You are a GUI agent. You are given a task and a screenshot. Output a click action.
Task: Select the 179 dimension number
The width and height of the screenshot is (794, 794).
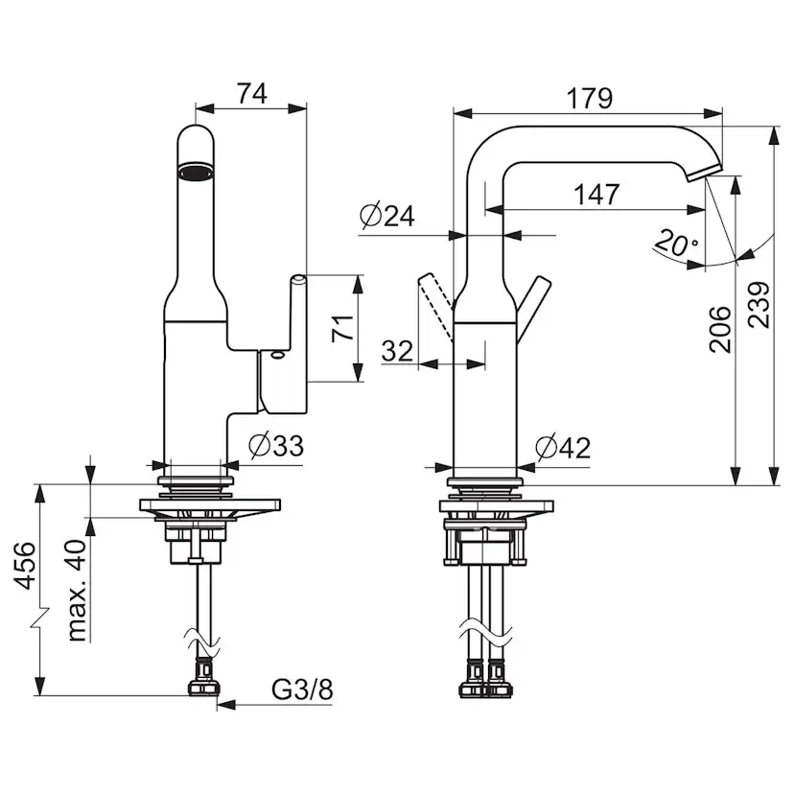589,98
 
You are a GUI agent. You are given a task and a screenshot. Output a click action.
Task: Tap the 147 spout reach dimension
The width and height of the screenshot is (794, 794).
596,194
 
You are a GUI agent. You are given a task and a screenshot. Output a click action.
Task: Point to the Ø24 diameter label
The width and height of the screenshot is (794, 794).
387,217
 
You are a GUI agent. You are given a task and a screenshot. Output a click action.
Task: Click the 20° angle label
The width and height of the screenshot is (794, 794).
676,244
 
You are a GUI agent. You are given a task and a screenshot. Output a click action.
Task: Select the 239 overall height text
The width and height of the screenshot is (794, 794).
759,305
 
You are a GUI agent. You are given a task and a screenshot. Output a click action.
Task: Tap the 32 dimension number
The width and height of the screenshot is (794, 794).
397,350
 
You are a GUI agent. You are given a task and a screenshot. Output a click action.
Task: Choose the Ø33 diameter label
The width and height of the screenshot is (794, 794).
276,445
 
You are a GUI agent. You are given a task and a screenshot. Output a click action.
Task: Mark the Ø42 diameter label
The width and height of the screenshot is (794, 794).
563,447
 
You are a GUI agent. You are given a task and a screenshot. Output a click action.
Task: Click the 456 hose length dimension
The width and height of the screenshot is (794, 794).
27,566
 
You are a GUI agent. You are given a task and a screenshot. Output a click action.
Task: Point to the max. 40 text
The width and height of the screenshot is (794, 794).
79,589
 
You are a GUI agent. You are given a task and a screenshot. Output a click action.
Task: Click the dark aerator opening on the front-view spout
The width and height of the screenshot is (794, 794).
196,174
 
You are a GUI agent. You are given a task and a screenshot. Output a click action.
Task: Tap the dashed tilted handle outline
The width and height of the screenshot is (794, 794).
433,299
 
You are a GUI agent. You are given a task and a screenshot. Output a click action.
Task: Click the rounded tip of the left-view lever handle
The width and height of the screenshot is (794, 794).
298,279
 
